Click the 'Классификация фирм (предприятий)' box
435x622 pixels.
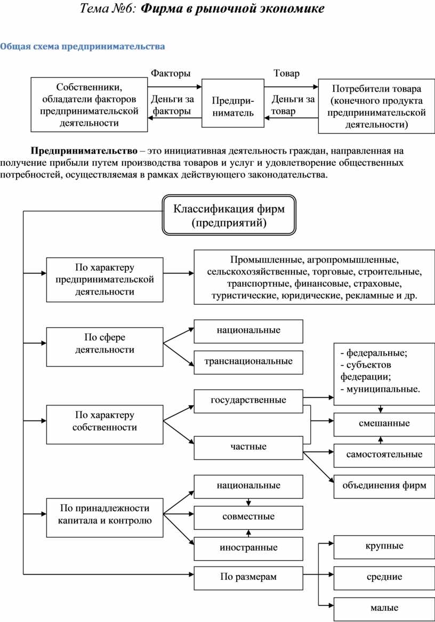point(229,215)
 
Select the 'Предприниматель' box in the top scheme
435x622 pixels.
point(233,103)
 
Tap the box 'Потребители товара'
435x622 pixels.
point(376,106)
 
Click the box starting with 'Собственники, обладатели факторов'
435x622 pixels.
point(89,104)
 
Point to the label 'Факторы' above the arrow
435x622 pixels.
point(170,73)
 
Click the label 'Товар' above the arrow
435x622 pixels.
point(286,73)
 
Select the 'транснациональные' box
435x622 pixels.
point(248,362)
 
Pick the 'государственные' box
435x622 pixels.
point(248,400)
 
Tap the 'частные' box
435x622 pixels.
point(248,447)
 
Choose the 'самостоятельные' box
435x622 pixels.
point(384,455)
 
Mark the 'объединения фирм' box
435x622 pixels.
point(384,486)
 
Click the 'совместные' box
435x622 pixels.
point(248,516)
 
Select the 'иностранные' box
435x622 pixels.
point(248,547)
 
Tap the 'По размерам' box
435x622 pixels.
point(248,577)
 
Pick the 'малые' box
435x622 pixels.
point(384,608)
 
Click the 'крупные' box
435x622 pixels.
point(384,546)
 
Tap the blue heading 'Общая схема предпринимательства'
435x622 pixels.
point(83,46)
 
